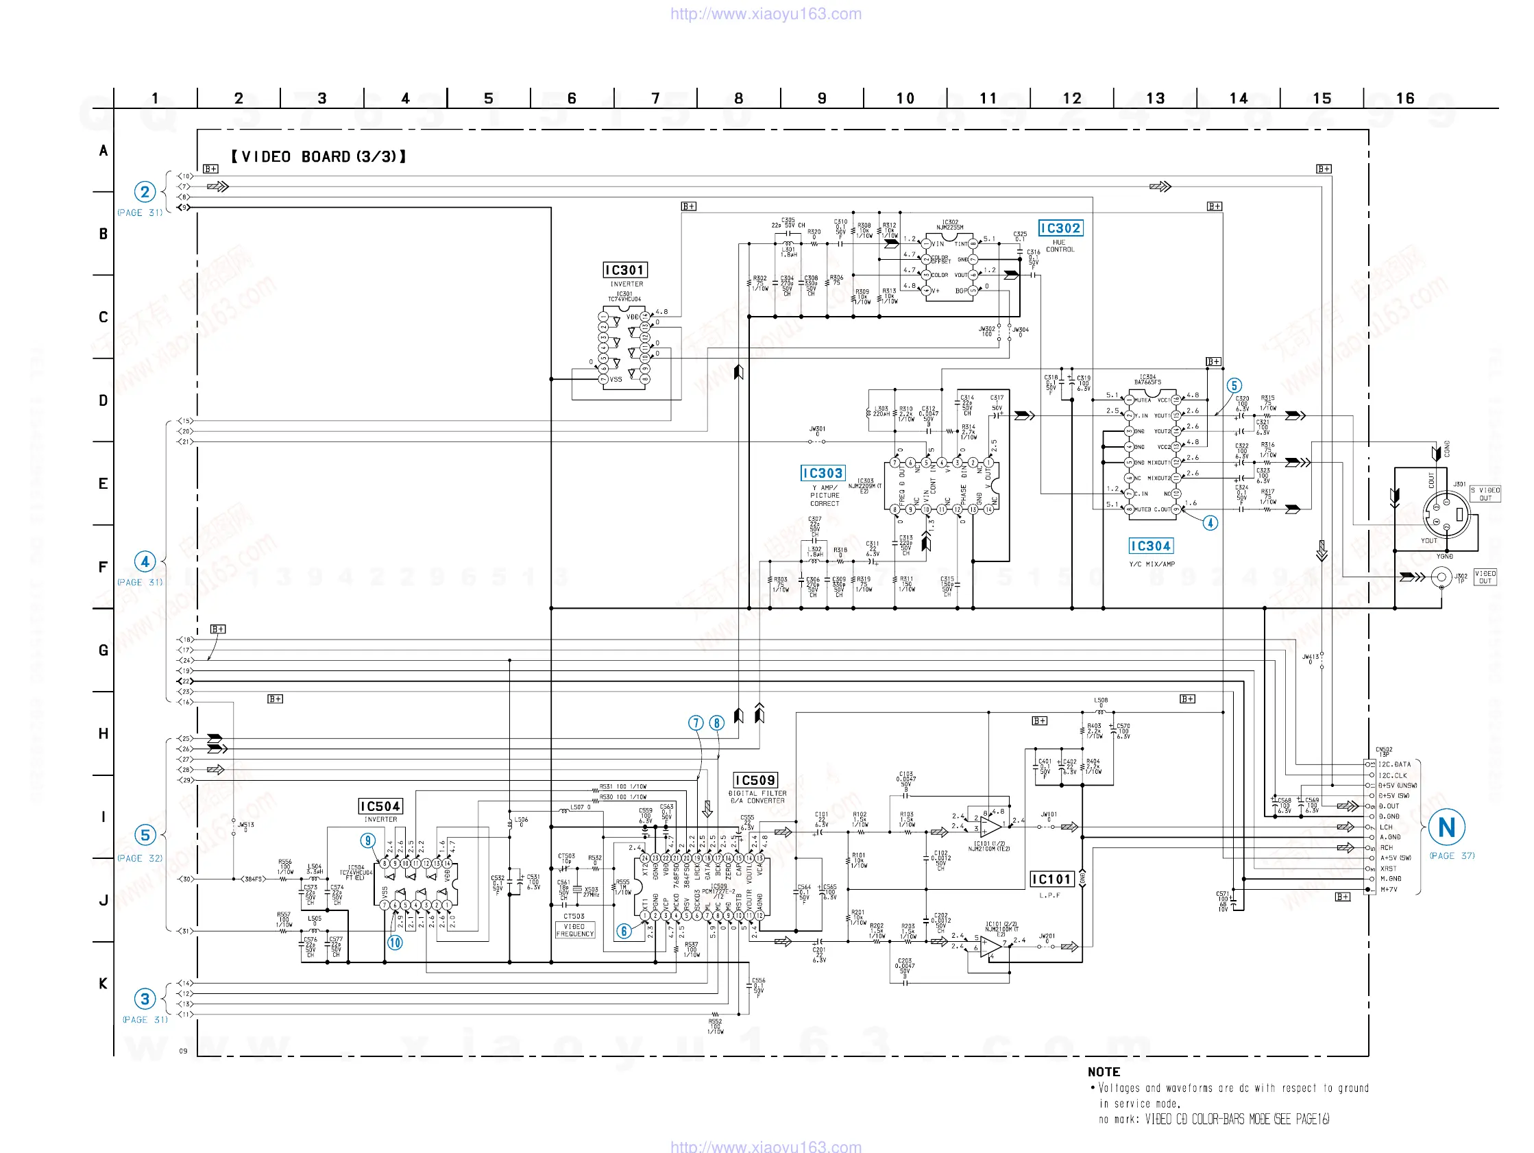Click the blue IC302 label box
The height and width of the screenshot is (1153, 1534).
click(x=1060, y=228)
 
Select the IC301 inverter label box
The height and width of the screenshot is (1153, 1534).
click(x=625, y=270)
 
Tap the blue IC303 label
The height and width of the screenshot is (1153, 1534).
click(x=823, y=473)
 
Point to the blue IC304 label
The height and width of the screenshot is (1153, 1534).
click(x=1150, y=546)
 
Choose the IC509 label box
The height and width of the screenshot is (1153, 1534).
click(x=755, y=781)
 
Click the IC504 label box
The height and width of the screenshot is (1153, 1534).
click(x=380, y=806)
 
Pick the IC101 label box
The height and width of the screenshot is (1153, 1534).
click(x=1051, y=879)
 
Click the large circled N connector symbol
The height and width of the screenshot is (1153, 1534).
click(x=1446, y=827)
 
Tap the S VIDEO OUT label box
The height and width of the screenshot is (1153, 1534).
click(x=1485, y=494)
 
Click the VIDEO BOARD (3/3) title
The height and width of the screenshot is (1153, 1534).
click(x=318, y=157)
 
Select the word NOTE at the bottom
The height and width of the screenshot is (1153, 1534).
click(x=1104, y=1072)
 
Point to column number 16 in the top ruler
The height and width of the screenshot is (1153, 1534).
click(x=1405, y=99)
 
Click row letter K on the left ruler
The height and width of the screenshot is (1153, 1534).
click(x=104, y=984)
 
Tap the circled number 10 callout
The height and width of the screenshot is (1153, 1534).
click(x=395, y=942)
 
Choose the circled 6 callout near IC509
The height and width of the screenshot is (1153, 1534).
click(x=624, y=931)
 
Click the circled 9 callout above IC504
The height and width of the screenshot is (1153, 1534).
click(x=367, y=841)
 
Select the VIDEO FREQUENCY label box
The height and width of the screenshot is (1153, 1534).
click(x=575, y=930)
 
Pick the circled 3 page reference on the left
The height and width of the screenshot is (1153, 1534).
click(x=144, y=999)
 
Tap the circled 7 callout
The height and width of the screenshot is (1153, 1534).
click(x=696, y=723)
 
